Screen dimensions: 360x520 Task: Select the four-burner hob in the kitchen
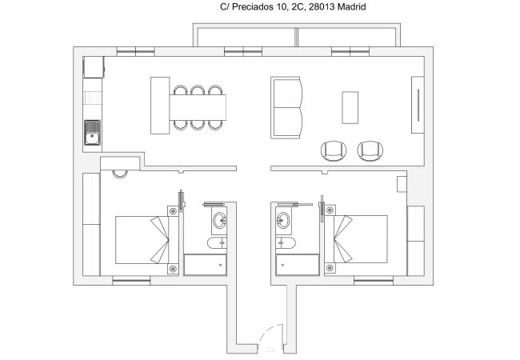[92, 100]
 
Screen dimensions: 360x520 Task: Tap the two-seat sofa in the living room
[288, 107]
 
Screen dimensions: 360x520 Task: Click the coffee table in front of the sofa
[350, 107]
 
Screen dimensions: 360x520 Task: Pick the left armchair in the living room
[333, 150]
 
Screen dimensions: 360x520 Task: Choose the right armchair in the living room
[369, 150]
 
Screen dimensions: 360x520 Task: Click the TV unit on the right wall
[417, 105]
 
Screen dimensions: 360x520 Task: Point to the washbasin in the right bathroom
[283, 219]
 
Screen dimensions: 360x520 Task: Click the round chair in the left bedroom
[121, 170]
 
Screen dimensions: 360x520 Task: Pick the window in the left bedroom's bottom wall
[131, 279]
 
